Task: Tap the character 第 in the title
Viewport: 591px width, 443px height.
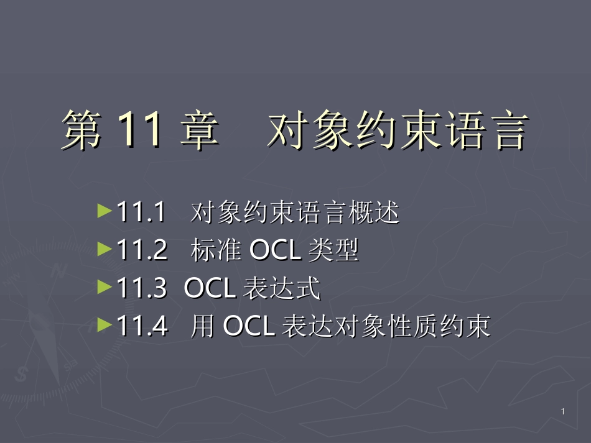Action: [82, 130]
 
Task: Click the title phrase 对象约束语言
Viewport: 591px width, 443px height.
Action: [397, 130]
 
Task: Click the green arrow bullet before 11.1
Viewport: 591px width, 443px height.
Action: [105, 212]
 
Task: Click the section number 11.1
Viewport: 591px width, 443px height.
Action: [141, 213]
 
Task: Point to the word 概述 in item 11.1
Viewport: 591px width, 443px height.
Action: [379, 213]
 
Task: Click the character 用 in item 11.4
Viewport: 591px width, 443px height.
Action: [203, 325]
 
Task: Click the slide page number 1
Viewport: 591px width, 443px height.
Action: [562, 412]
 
